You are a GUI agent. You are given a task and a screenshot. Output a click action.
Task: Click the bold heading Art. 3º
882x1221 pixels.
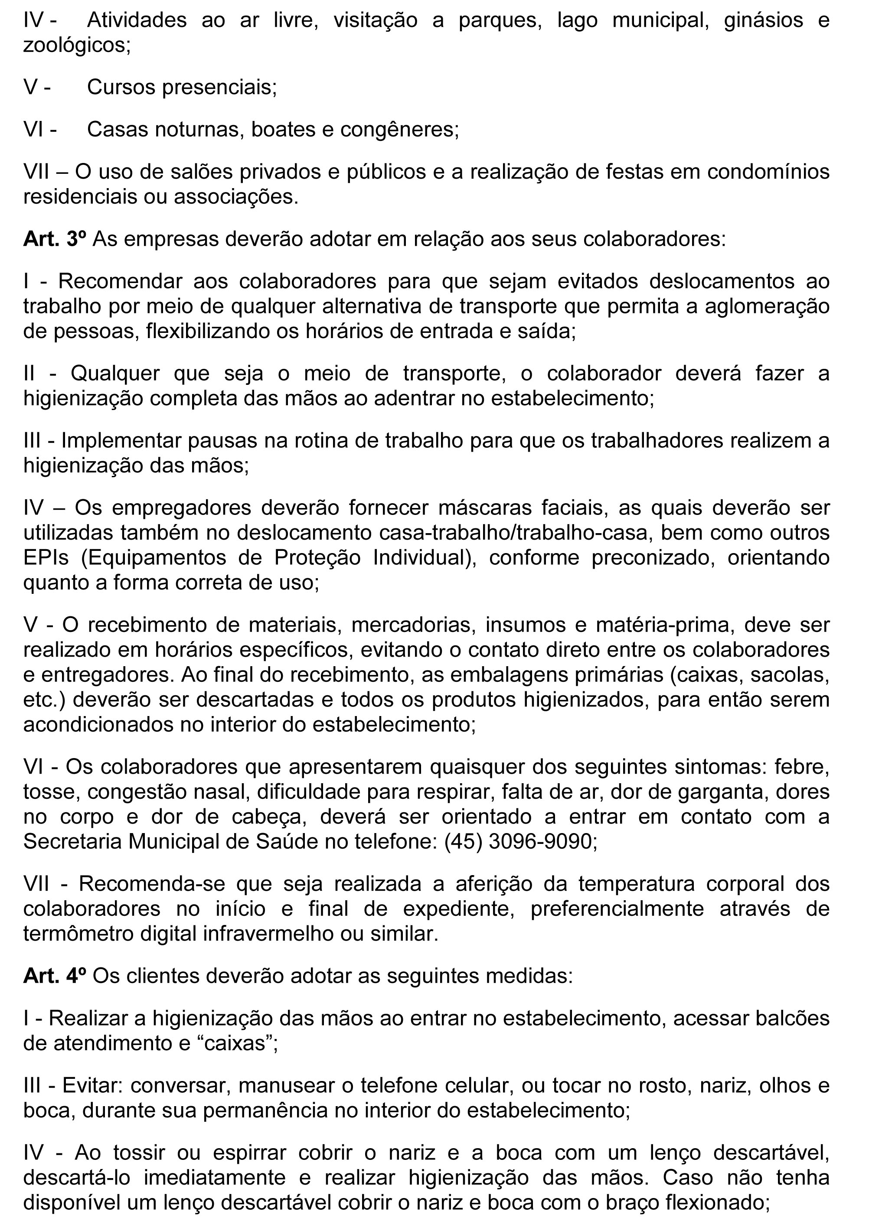click(54, 239)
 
